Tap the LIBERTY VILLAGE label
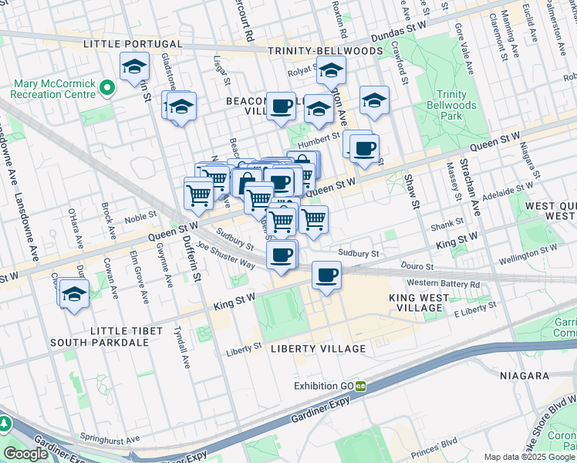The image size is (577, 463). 319,349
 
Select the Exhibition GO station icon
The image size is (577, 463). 359,385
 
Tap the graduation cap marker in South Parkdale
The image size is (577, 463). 74,294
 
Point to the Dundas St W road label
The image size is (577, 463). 399,36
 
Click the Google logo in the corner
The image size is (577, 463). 25,454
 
